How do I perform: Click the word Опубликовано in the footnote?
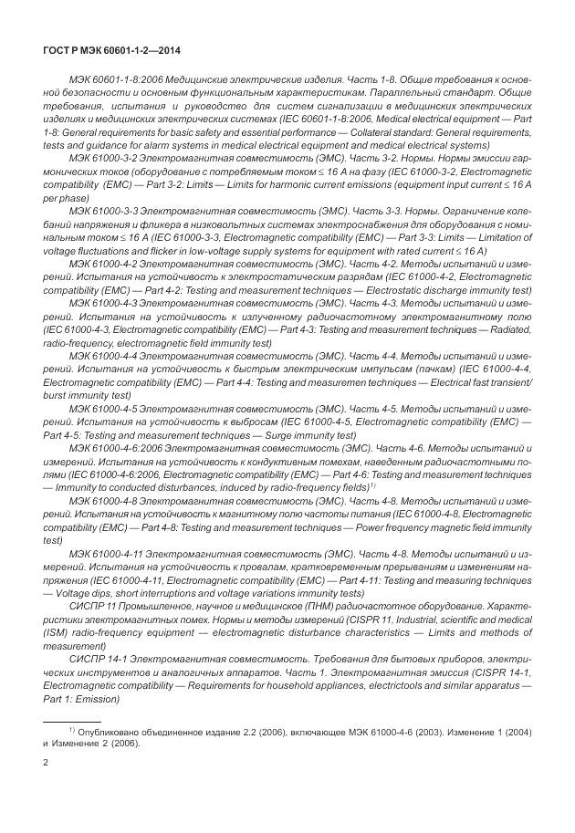(x=109, y=731)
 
